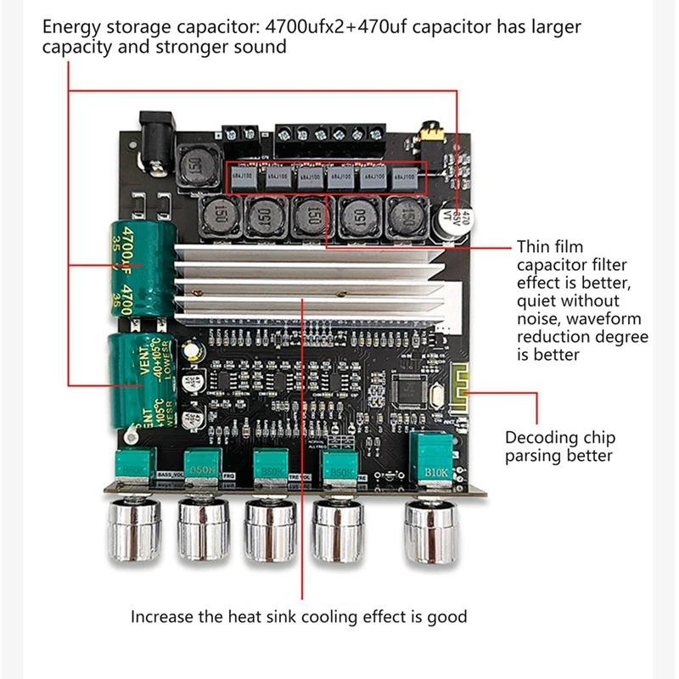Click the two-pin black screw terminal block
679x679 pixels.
(x=240, y=132)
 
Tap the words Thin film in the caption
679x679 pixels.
(x=550, y=247)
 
